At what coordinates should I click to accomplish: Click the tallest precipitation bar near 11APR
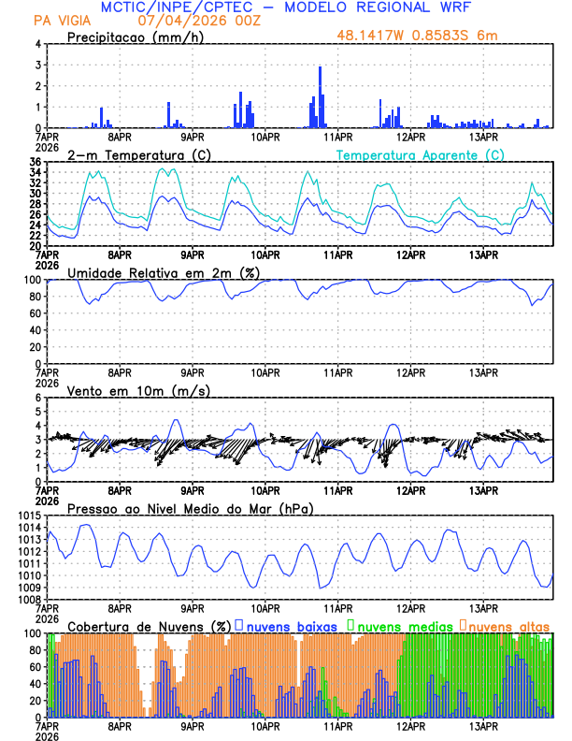(x=320, y=97)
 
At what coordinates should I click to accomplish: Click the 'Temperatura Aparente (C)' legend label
(x=420, y=154)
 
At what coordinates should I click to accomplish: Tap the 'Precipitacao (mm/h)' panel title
(x=133, y=36)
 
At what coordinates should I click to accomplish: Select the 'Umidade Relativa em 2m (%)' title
(x=164, y=272)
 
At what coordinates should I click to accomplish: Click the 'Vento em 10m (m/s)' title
(x=126, y=390)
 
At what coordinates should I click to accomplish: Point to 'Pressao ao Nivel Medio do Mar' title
(x=191, y=508)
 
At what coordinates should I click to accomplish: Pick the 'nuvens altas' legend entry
(x=508, y=626)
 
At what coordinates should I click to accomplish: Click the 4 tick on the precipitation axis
(x=38, y=44)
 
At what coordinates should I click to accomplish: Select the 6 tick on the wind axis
(x=38, y=398)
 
